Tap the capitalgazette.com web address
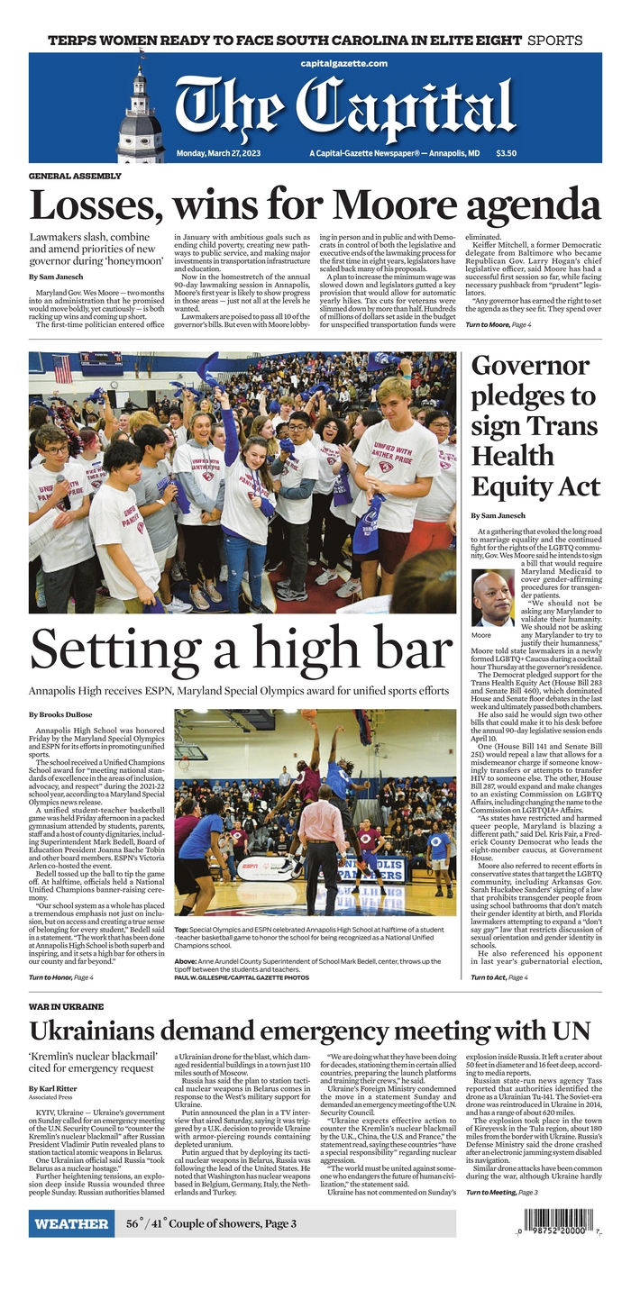[x=344, y=63]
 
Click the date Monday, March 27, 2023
[x=221, y=153]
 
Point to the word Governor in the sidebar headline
[x=528, y=367]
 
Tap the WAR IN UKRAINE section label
[x=66, y=1006]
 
